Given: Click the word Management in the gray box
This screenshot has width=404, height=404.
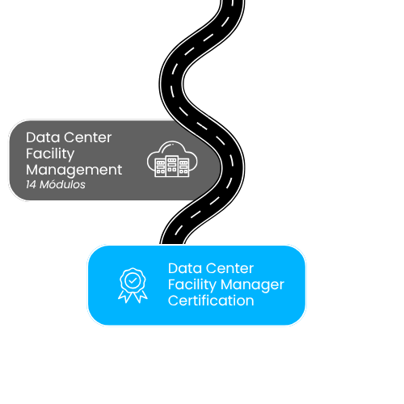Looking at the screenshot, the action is pos(74,170).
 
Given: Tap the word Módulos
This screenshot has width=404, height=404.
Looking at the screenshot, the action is pos(62,184).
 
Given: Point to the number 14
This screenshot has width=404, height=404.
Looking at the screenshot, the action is pos(31,185).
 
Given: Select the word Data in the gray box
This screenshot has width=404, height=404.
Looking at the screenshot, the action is pos(43,137).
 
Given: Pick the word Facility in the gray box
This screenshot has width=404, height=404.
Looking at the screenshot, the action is pos(50,154).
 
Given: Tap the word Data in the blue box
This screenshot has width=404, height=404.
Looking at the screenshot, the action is pos(185,268).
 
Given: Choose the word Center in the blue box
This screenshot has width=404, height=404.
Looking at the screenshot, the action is pos(229,268).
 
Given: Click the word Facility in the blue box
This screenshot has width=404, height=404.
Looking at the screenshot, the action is pos(192,285).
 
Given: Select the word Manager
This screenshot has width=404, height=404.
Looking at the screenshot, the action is pos(252,285).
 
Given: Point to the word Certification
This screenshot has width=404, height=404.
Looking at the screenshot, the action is pos(211,301).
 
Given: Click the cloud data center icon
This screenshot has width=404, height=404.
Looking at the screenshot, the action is pos(172,159).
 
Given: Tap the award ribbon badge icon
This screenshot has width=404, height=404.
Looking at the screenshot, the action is pos(133,285).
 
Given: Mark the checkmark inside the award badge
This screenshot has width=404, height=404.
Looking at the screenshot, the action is pos(133,281).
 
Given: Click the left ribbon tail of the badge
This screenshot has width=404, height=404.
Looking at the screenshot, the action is pos(125,297).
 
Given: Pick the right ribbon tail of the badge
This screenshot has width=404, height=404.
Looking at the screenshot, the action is pos(141,297).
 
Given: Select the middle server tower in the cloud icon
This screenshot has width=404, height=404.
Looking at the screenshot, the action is pos(172,166).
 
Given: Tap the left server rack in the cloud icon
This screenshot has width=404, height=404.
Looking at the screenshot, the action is pos(161,167).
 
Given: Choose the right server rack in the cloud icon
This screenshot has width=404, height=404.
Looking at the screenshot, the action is pos(183,167).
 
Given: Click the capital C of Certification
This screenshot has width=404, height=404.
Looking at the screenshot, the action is pos(173,301).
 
